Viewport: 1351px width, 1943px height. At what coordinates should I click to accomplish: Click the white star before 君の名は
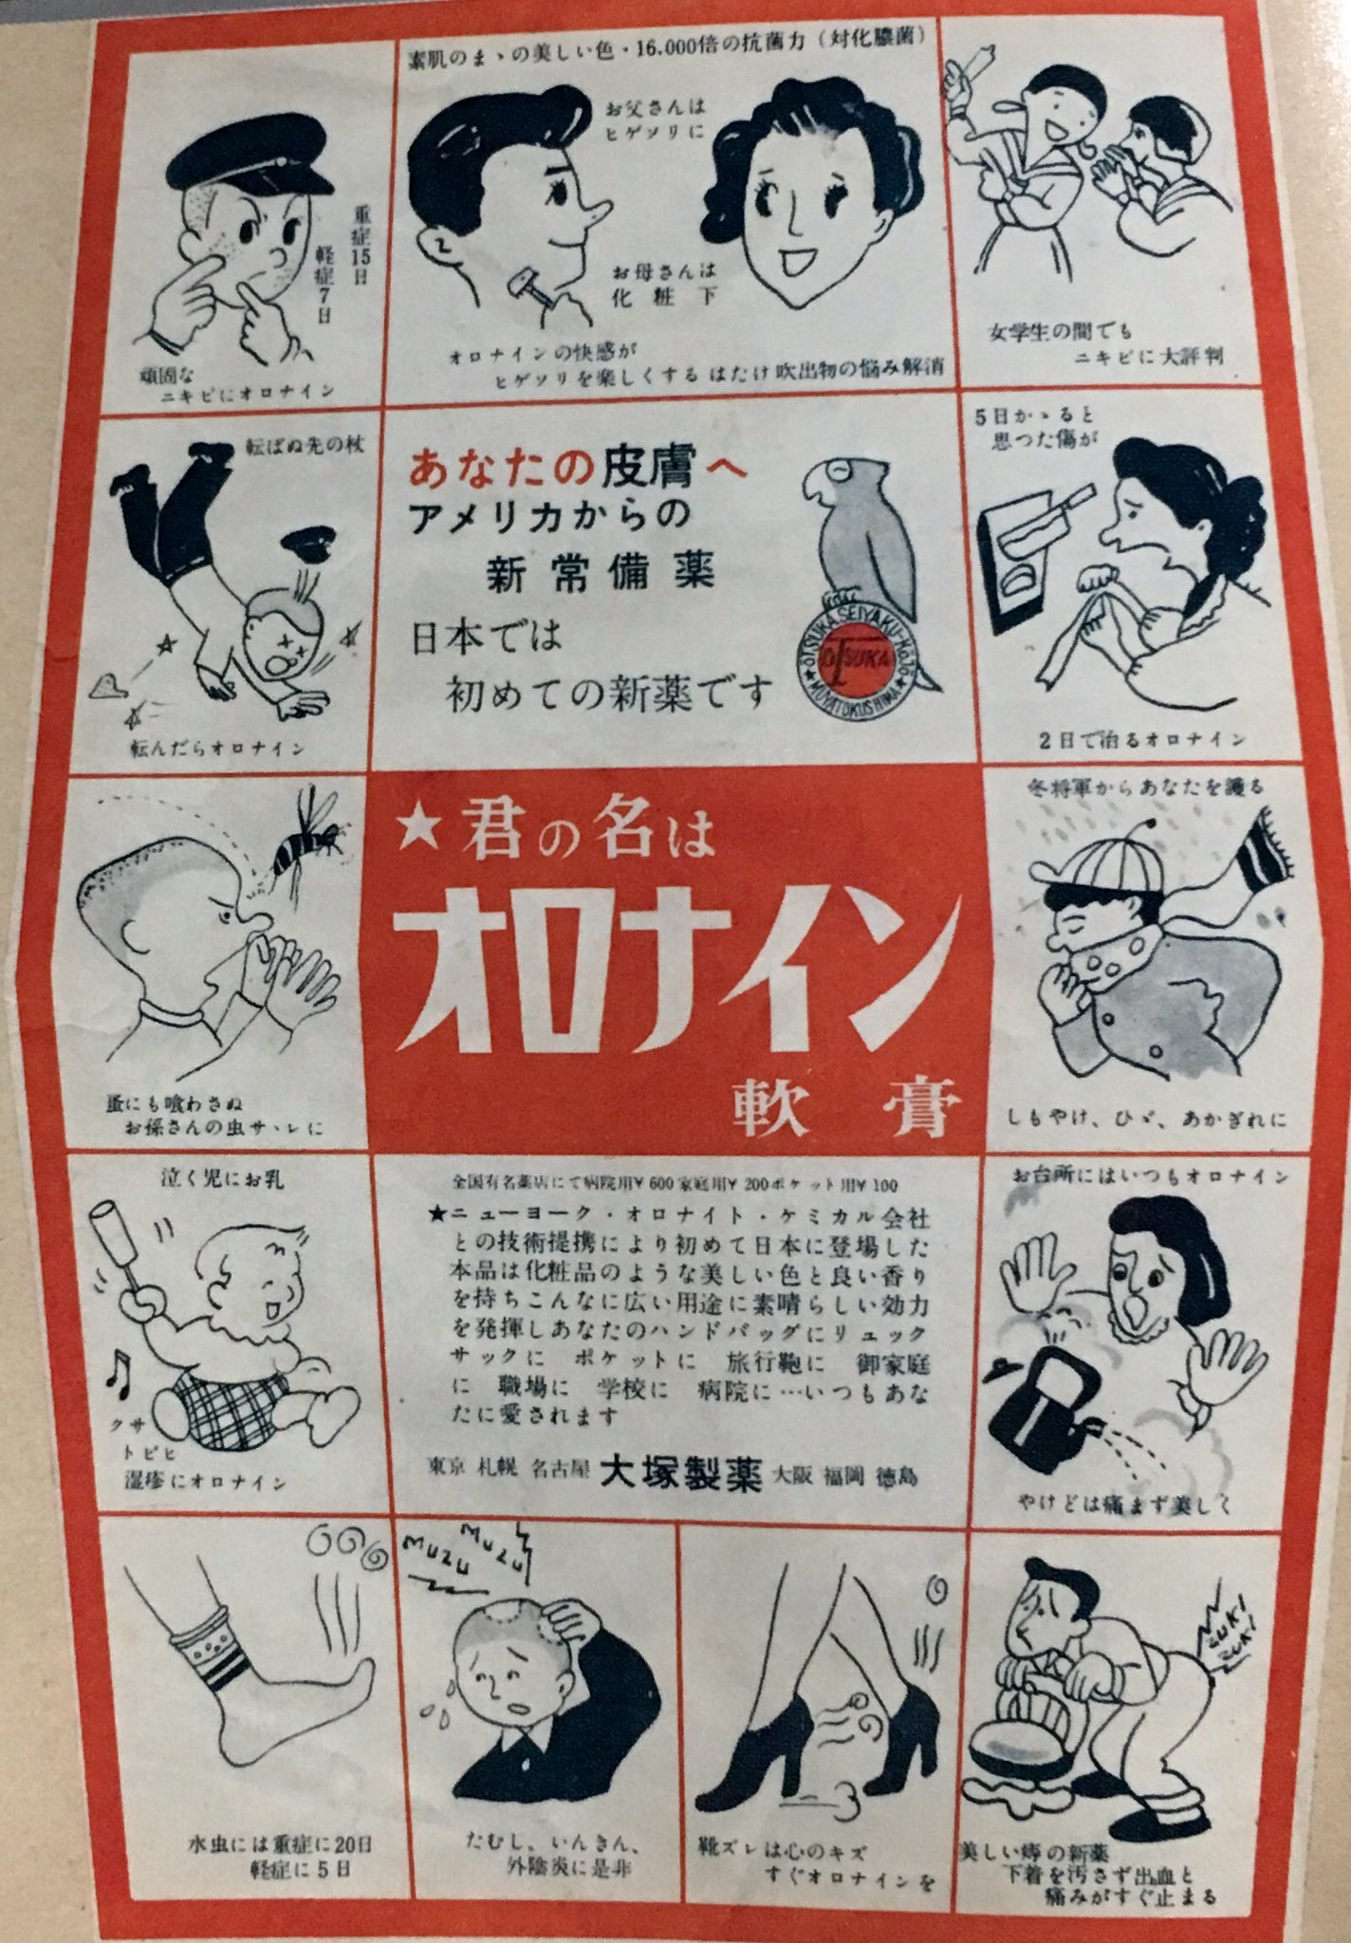(x=415, y=832)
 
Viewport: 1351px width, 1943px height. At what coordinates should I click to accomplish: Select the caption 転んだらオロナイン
(x=218, y=749)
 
